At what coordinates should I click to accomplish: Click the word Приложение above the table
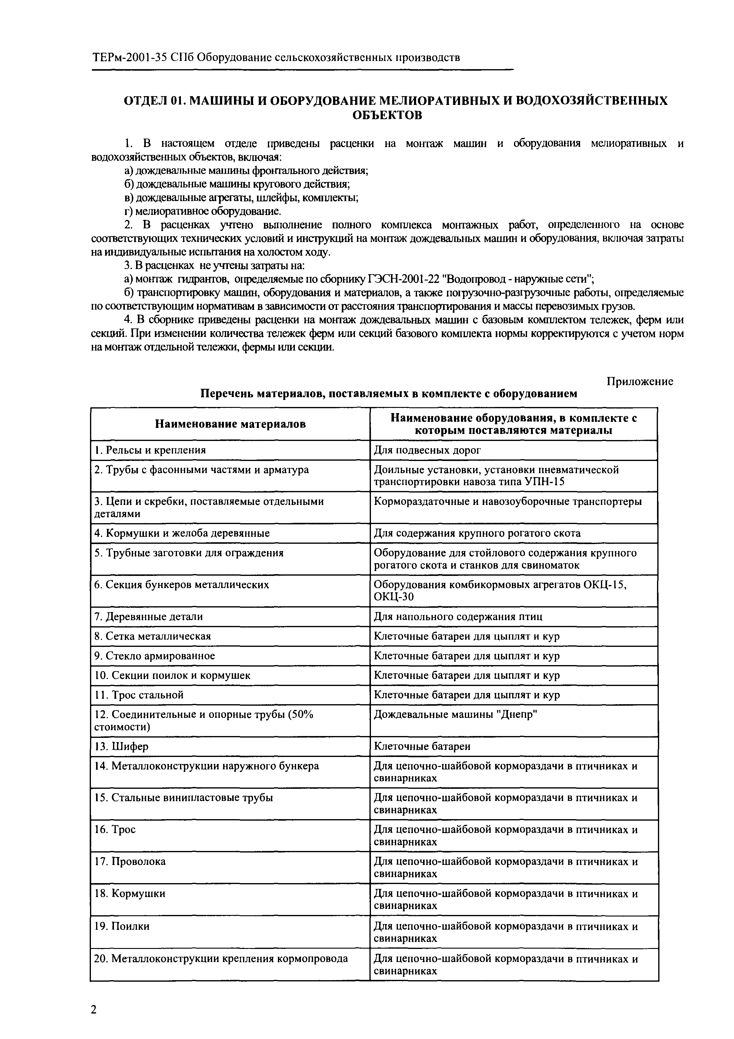pos(639,382)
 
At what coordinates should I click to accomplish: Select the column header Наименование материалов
pos(230,424)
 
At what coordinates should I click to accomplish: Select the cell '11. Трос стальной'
pos(139,694)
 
